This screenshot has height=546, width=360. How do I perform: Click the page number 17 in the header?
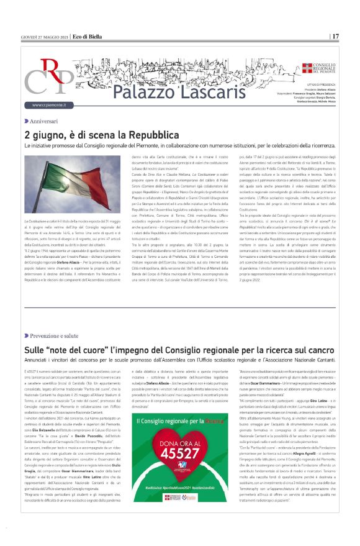[335, 36]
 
